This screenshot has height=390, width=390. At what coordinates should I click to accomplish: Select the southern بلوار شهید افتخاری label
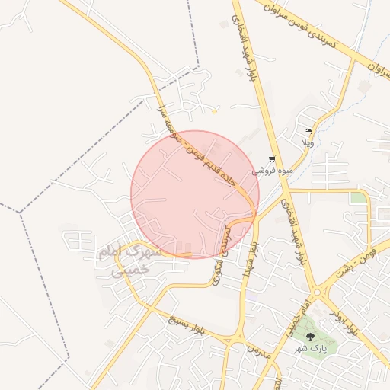pos(294,232)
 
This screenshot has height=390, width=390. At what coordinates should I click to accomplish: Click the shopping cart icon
pos(272,159)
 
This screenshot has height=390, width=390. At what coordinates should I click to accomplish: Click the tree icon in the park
pos(310,336)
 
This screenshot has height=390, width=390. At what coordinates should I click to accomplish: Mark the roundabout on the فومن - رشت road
pos(322,291)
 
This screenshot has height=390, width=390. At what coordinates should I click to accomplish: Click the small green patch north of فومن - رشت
pos(357,198)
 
